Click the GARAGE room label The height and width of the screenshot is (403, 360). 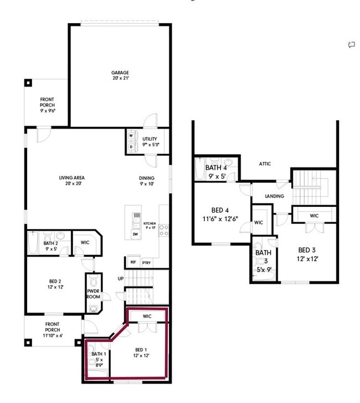point(120,73)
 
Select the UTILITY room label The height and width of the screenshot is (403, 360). point(150,139)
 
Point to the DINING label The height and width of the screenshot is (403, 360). point(147,178)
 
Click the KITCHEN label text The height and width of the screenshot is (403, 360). point(150,223)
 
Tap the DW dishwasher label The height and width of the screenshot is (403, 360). point(135,234)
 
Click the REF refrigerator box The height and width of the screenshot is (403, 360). point(133,262)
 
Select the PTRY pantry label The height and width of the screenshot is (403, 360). point(146,262)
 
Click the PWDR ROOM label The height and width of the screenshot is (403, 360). point(93,294)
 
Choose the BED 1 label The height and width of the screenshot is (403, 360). point(142,349)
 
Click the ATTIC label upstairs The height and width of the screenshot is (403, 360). point(265,164)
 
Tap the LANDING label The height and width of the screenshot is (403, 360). point(275,196)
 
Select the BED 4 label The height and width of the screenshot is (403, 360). point(220,210)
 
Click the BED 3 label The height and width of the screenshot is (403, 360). point(308,250)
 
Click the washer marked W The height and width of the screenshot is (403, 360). point(131,135)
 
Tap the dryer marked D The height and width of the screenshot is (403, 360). point(131,146)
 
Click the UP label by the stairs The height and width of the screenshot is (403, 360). point(120,278)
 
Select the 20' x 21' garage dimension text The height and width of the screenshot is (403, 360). point(120,79)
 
